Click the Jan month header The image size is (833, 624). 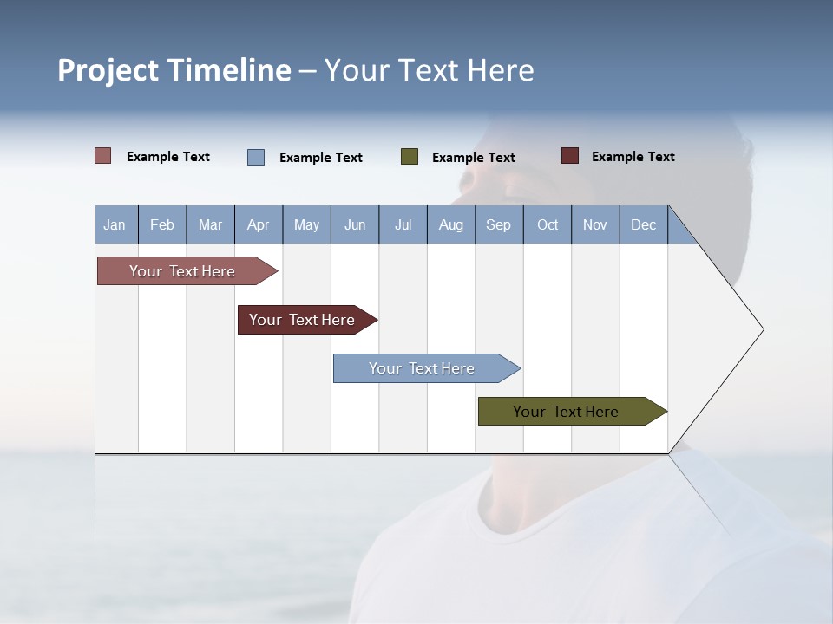[x=115, y=224]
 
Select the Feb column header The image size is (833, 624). [x=162, y=224]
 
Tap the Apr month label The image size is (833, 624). [x=258, y=224]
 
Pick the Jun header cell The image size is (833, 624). [x=355, y=224]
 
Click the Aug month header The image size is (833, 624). [x=450, y=224]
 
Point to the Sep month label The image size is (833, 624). [x=498, y=224]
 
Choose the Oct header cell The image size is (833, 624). [x=548, y=224]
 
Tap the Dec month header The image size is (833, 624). [x=643, y=224]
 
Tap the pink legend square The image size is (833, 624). [x=103, y=156]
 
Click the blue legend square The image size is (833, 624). [x=256, y=157]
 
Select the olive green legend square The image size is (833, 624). [x=410, y=157]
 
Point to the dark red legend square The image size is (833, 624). [x=570, y=156]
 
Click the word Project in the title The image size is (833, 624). [x=108, y=70]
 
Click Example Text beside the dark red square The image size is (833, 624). [x=633, y=157]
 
